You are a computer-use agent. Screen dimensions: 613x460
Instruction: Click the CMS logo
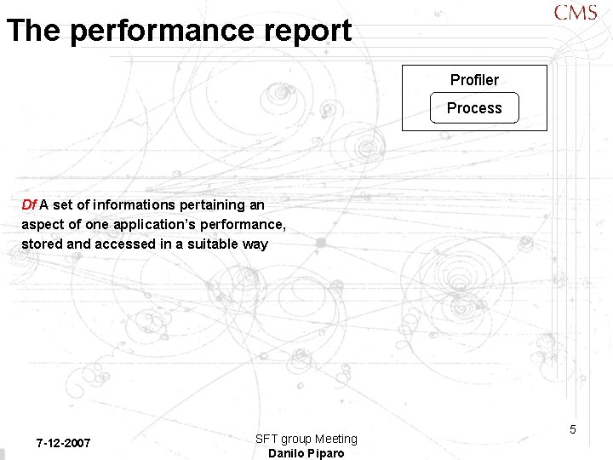(576, 13)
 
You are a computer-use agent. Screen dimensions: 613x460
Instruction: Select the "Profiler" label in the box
(474, 80)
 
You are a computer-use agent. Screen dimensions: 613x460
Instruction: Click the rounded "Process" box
(474, 108)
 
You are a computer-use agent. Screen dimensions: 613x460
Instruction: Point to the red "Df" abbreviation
(29, 204)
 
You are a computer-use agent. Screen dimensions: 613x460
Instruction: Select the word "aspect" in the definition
(42, 224)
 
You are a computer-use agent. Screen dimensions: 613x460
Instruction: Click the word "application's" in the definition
(163, 224)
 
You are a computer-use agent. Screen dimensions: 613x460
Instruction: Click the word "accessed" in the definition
(123, 244)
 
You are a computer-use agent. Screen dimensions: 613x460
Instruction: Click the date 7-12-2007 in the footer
(63, 443)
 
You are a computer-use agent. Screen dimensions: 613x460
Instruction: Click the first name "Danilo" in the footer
(287, 453)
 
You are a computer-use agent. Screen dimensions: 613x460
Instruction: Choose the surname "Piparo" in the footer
(327, 453)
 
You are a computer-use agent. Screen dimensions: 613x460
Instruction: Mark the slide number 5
(573, 429)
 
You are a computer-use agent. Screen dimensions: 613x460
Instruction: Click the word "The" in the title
(34, 31)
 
